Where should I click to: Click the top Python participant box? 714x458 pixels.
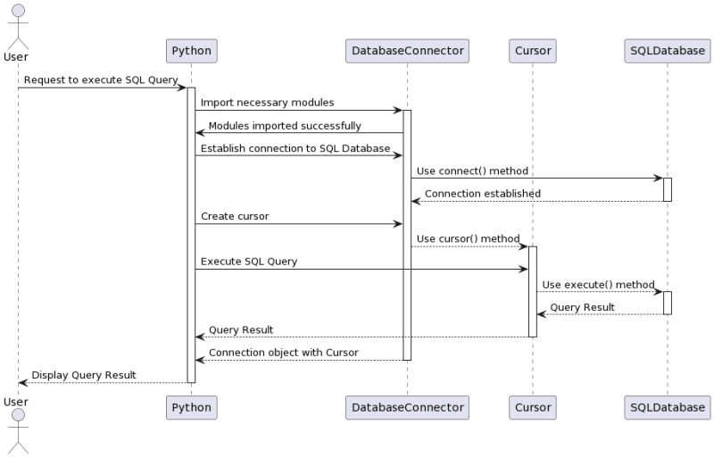tap(191, 50)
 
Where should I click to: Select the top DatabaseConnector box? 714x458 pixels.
tap(407, 50)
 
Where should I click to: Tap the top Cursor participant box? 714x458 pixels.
tap(533, 50)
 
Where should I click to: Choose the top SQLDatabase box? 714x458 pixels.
tap(667, 50)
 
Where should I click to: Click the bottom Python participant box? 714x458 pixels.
tap(191, 407)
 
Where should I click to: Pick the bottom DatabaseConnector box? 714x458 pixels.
tap(407, 407)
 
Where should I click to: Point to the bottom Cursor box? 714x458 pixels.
tap(533, 407)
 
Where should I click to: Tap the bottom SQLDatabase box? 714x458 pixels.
tap(667, 407)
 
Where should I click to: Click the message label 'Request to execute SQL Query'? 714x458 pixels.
tap(101, 80)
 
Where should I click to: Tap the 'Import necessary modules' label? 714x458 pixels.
tap(267, 104)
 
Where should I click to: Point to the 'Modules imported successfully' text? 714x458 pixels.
tap(285, 126)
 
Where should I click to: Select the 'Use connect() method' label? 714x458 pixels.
tap(472, 171)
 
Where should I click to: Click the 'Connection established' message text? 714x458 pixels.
tap(482, 194)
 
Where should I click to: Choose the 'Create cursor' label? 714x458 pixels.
tap(234, 216)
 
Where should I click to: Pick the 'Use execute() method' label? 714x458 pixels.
tap(598, 285)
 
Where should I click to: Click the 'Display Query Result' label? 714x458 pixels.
tap(84, 375)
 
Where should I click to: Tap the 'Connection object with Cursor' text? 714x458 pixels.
tap(283, 353)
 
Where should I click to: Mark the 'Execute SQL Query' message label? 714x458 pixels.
tap(248, 262)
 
